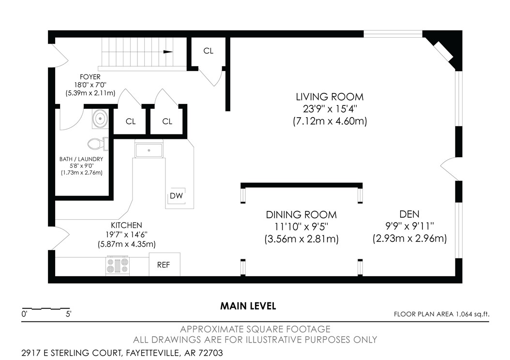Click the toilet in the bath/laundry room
click(x=98, y=144)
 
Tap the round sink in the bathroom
click(x=100, y=118)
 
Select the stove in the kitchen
click(x=118, y=266)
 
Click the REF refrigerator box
click(x=165, y=264)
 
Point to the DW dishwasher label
click(x=176, y=195)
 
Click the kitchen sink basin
click(x=149, y=150)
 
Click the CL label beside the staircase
click(x=209, y=51)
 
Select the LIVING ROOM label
click(x=330, y=97)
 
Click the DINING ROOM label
click(x=301, y=215)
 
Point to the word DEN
click(x=409, y=214)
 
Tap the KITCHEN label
click(x=126, y=225)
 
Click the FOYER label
click(x=90, y=77)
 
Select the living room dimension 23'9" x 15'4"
click(x=330, y=108)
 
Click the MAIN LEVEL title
click(x=248, y=306)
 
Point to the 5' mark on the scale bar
click(x=69, y=314)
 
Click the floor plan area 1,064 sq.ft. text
click(x=441, y=314)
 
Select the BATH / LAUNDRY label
click(x=81, y=159)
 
